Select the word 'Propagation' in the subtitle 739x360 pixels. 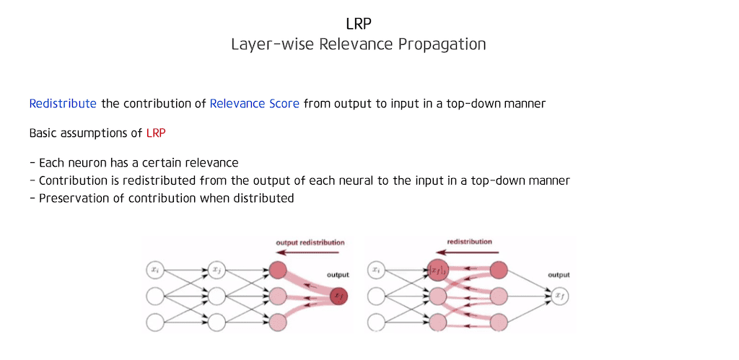point(442,44)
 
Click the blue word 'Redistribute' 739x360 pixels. point(63,103)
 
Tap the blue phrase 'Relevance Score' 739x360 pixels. point(254,103)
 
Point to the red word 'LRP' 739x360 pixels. point(156,133)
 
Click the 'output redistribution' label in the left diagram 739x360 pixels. point(311,242)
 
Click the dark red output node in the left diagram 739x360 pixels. point(338,295)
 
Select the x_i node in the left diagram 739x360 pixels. point(155,271)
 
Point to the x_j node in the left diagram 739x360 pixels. point(217,271)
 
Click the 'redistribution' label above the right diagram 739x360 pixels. point(470,242)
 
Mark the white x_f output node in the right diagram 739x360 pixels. point(559,295)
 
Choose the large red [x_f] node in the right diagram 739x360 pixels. point(437,271)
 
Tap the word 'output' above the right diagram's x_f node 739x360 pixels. point(559,275)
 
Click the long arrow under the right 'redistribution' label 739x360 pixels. point(468,253)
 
